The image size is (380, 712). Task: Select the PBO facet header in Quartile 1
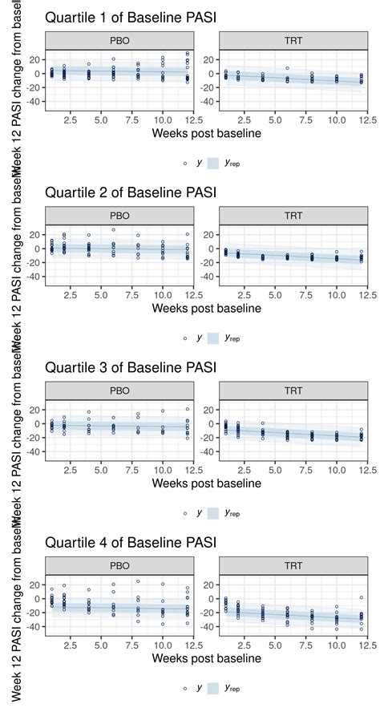(x=120, y=40)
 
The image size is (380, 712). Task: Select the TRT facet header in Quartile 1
(x=293, y=40)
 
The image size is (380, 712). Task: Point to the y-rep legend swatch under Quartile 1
(x=214, y=163)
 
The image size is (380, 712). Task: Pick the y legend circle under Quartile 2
(x=185, y=338)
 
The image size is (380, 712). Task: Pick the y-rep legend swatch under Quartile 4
(x=214, y=687)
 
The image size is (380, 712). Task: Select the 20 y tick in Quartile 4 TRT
(x=209, y=584)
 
